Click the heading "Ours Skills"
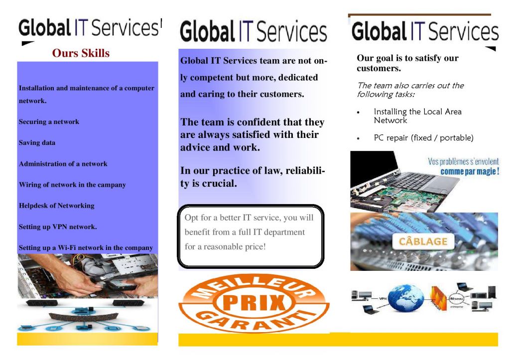point(81,53)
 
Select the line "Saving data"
point(37,143)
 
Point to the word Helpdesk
point(35,206)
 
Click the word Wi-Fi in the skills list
point(66,248)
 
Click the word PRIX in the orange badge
point(254,302)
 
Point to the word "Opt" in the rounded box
point(192,218)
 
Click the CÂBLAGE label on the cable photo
point(423,242)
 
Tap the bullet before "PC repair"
point(359,138)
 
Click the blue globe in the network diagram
point(406,297)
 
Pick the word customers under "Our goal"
point(379,68)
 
